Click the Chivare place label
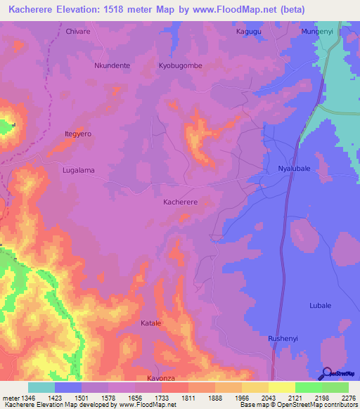tap(78, 32)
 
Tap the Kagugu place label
tap(248, 32)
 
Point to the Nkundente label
tap(112, 65)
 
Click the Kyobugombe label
tap(179, 65)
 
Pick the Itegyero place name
tap(78, 133)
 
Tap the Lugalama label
tap(78, 170)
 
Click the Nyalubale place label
tap(295, 170)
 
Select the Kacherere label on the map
tap(180, 202)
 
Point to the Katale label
tap(150, 323)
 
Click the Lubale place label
tap(320, 305)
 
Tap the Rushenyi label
tap(283, 338)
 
